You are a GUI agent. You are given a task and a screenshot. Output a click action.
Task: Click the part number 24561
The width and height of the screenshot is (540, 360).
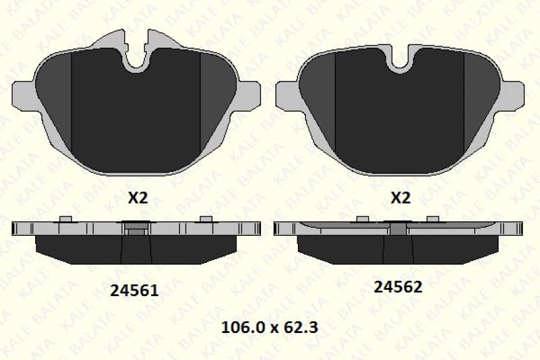[134, 290]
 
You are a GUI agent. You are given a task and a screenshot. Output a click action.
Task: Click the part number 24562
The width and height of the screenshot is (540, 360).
[398, 287]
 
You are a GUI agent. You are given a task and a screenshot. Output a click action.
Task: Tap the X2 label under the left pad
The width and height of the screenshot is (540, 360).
[137, 198]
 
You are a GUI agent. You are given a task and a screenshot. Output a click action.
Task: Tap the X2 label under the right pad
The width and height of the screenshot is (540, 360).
[400, 198]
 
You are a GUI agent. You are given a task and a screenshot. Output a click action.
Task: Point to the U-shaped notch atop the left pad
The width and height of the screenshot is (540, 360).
[135, 60]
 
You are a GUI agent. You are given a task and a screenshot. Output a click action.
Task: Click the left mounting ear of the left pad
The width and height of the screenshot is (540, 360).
[23, 95]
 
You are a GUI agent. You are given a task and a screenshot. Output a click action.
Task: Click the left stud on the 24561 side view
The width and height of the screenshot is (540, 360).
[65, 218]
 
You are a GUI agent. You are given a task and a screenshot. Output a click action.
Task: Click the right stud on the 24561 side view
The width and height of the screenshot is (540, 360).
[206, 218]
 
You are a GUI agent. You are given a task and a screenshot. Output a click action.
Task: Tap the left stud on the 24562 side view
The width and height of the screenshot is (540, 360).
[362, 218]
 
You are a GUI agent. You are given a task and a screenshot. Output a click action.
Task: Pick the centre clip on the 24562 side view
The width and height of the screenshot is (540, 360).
[398, 228]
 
